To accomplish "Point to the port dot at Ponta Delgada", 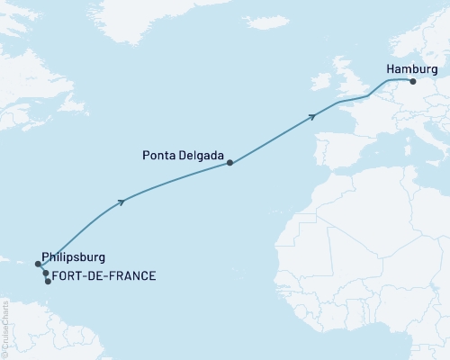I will [230, 163].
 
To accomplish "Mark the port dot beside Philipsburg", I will [38, 265].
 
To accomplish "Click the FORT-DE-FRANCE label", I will [104, 275].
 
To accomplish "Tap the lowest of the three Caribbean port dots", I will [48, 281].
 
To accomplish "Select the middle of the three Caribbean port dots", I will [45, 273].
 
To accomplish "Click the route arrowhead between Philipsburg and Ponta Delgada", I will [121, 202].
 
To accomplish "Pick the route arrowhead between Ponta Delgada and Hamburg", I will [312, 115].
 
